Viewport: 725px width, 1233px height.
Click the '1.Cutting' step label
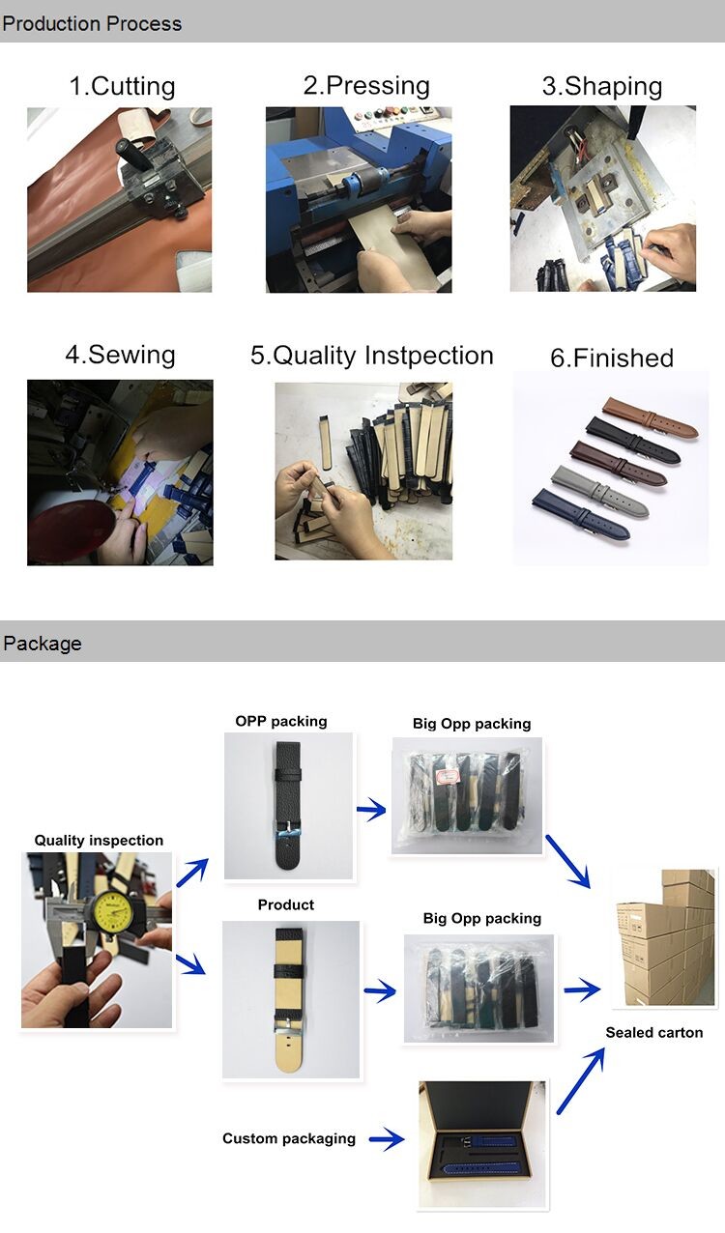[x=122, y=86]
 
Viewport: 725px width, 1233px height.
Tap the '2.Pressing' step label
[x=366, y=86]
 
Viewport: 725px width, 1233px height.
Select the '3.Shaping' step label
[x=602, y=86]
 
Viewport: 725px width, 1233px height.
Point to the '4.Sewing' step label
[x=121, y=355]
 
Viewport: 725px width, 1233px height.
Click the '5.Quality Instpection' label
[x=372, y=356]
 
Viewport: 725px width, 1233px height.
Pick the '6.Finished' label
[x=612, y=358]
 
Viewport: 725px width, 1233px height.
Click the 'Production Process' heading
[x=92, y=23]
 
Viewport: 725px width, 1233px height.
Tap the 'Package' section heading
[x=43, y=644]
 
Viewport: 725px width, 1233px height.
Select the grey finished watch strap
[x=600, y=491]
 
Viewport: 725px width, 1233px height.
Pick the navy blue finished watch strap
[x=581, y=513]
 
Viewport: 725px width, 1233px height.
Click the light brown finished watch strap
[x=651, y=417]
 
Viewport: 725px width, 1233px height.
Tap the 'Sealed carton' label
[x=654, y=1032]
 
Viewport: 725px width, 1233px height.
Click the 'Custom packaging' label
[x=289, y=1138]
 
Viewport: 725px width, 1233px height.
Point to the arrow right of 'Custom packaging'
[x=387, y=1138]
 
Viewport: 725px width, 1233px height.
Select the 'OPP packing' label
[x=281, y=721]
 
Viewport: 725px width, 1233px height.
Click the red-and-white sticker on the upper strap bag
[x=447, y=776]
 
